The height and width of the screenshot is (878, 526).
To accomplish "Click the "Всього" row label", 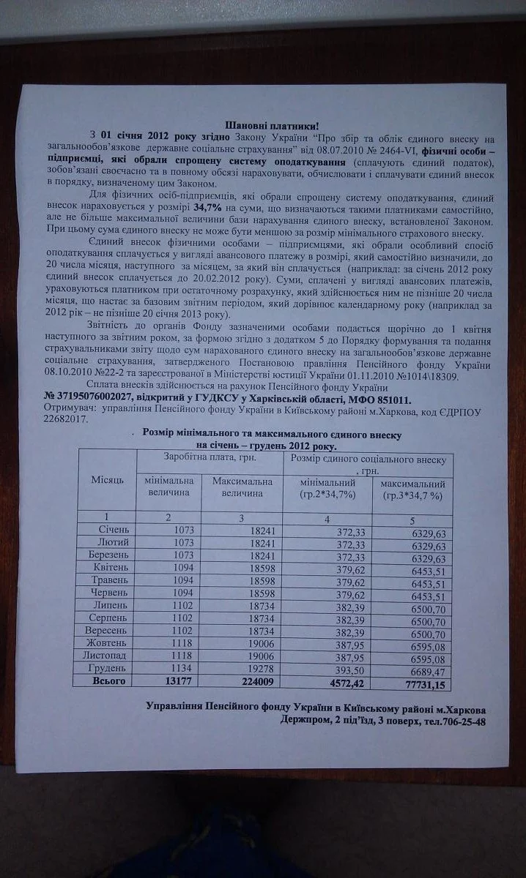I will pyautogui.click(x=108, y=681).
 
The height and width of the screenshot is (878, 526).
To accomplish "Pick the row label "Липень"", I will pyautogui.click(x=111, y=605).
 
